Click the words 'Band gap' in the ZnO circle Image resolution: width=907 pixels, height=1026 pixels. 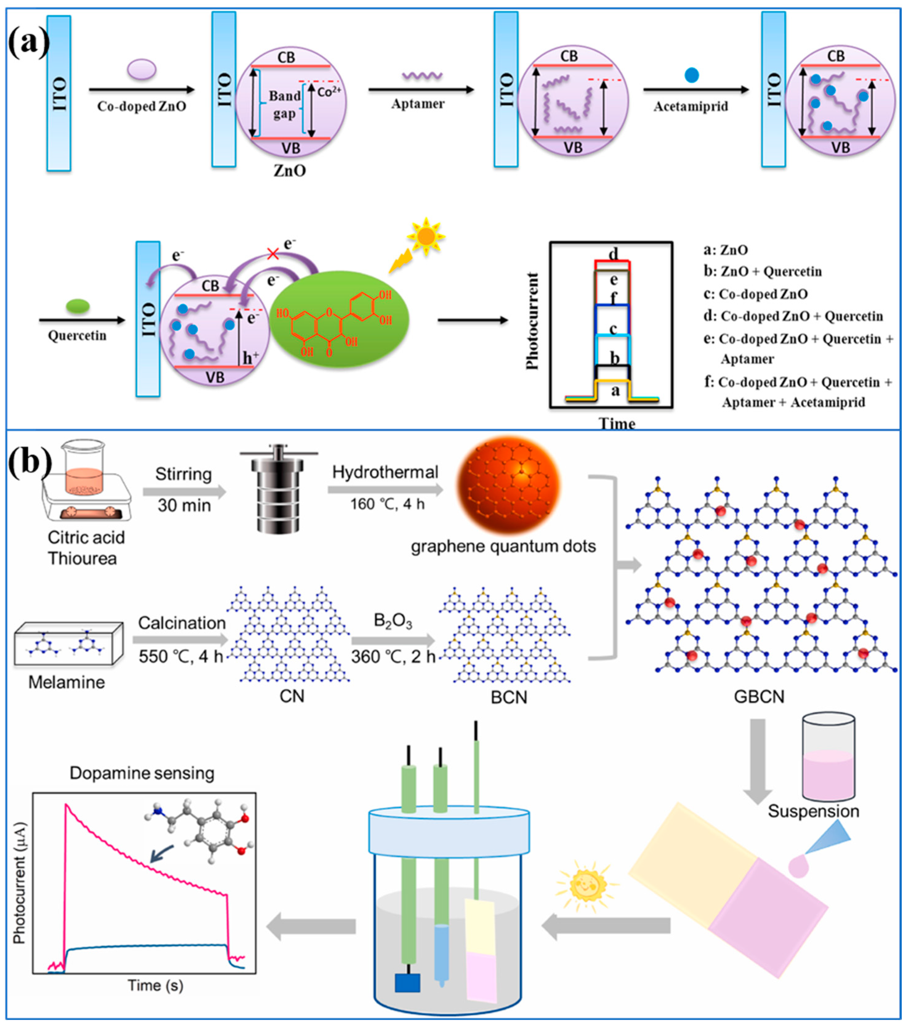(x=284, y=104)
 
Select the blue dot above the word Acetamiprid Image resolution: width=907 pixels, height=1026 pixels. (x=691, y=75)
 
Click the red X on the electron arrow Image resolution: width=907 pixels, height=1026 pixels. (x=273, y=254)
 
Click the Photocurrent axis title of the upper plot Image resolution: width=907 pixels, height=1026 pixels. (x=532, y=321)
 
